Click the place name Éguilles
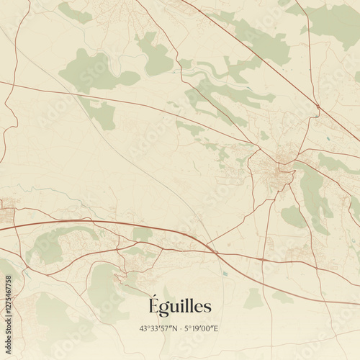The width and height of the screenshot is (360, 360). [179, 307]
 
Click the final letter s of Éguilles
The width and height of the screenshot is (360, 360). [208, 308]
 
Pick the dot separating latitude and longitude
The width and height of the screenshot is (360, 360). [180, 329]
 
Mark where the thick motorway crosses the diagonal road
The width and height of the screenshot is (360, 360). [211, 248]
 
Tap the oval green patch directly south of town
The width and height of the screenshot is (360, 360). [292, 215]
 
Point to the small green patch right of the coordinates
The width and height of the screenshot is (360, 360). [253, 299]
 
